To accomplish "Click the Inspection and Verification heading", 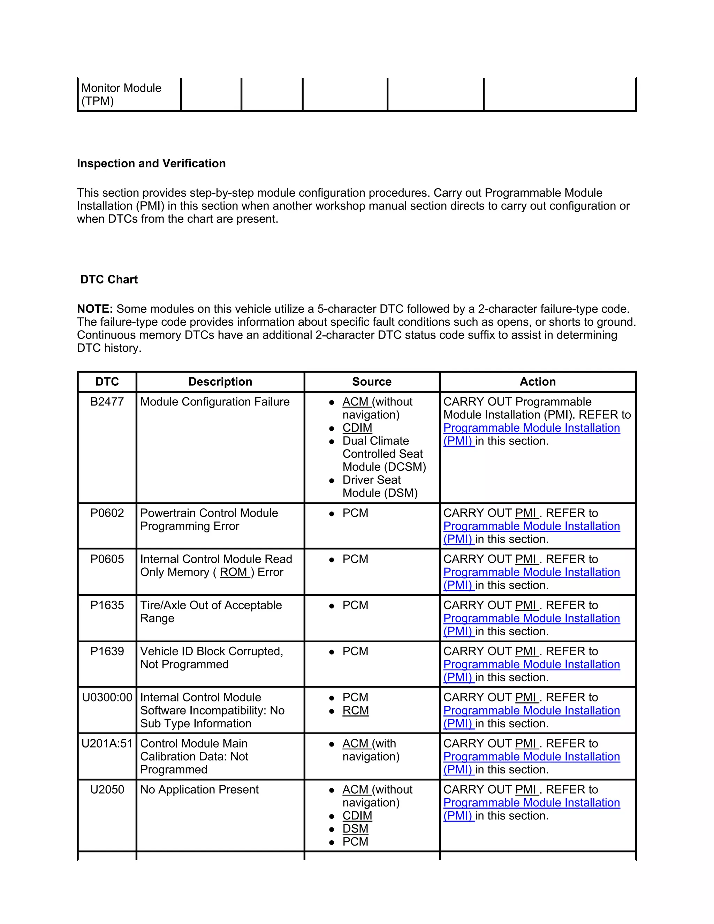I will click(x=151, y=163).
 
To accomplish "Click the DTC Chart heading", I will click(x=109, y=279).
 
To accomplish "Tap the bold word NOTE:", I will click(x=95, y=309).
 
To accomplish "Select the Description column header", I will click(x=220, y=381).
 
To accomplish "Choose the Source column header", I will click(x=371, y=381).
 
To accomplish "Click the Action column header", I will click(x=537, y=381).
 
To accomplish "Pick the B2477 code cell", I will click(x=107, y=401).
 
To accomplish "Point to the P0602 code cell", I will click(x=107, y=513).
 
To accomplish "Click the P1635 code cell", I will click(x=107, y=605).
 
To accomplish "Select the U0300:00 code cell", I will click(x=107, y=697).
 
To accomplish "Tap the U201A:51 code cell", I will click(x=107, y=743).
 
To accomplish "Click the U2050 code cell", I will click(x=107, y=789).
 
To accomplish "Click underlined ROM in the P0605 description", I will click(x=234, y=572).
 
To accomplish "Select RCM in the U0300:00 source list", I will click(x=355, y=710).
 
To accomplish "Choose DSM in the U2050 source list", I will click(x=355, y=828).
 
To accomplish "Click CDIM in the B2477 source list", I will click(x=357, y=428).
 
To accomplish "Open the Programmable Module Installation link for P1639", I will click(x=531, y=664).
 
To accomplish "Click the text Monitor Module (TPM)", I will click(x=121, y=94).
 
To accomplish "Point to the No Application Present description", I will click(x=199, y=789).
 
